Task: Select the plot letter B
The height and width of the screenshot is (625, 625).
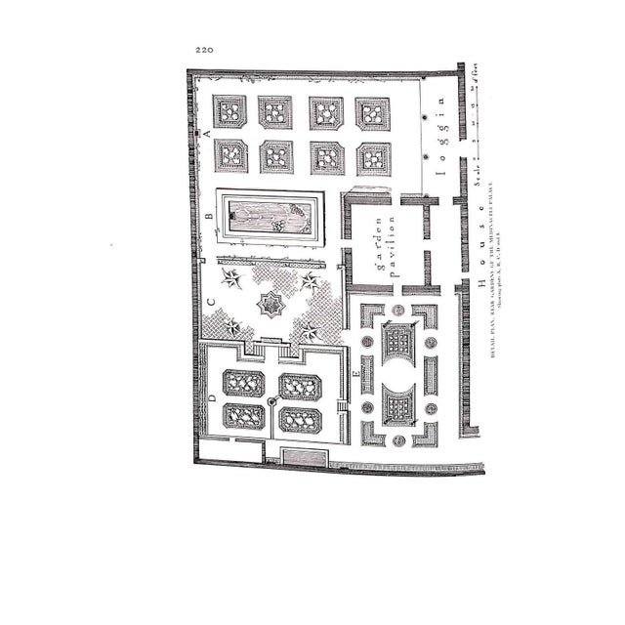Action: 208,217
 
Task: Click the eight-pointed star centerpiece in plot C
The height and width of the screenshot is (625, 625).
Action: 270,307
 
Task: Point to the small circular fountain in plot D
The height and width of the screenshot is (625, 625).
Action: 272,401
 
